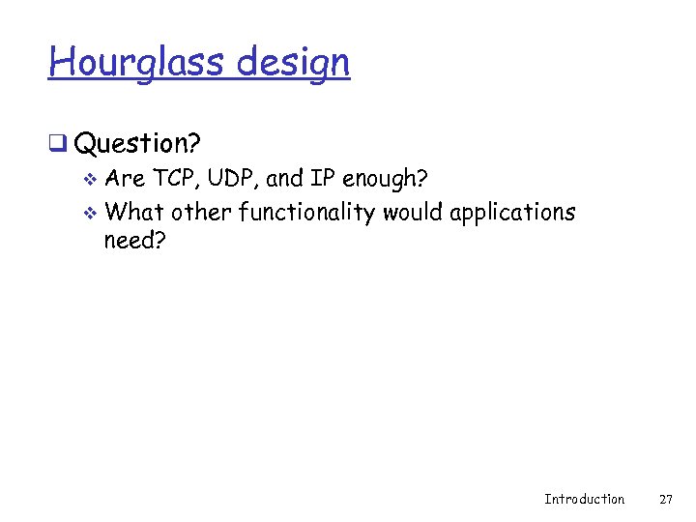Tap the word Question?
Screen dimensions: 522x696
point(136,144)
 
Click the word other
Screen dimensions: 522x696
point(201,211)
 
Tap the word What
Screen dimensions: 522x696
point(134,211)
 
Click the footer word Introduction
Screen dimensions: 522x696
point(584,499)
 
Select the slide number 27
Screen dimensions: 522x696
point(665,499)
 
